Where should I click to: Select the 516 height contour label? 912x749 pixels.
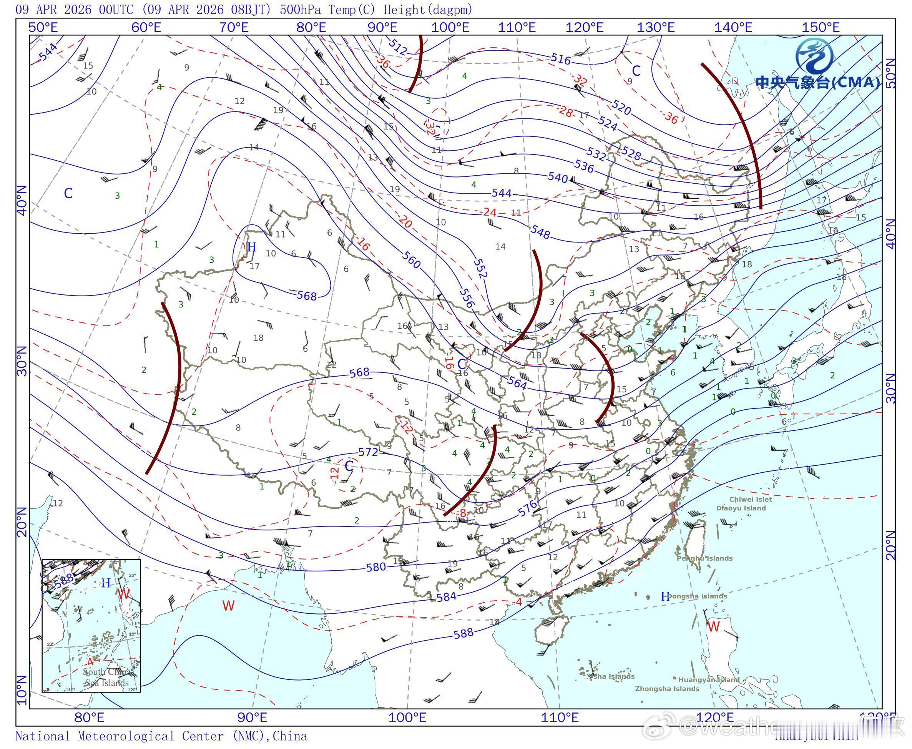[560, 59]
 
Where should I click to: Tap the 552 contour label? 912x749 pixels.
[480, 268]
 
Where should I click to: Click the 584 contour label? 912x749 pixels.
[446, 597]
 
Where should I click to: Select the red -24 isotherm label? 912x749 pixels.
[489, 212]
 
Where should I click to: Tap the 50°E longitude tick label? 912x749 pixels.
[43, 28]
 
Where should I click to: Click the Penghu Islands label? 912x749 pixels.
[704, 559]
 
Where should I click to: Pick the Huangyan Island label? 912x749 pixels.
[709, 680]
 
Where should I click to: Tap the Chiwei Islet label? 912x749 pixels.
[750, 500]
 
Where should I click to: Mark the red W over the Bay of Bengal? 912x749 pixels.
[228, 606]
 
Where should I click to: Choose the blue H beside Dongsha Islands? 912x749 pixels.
[665, 597]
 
